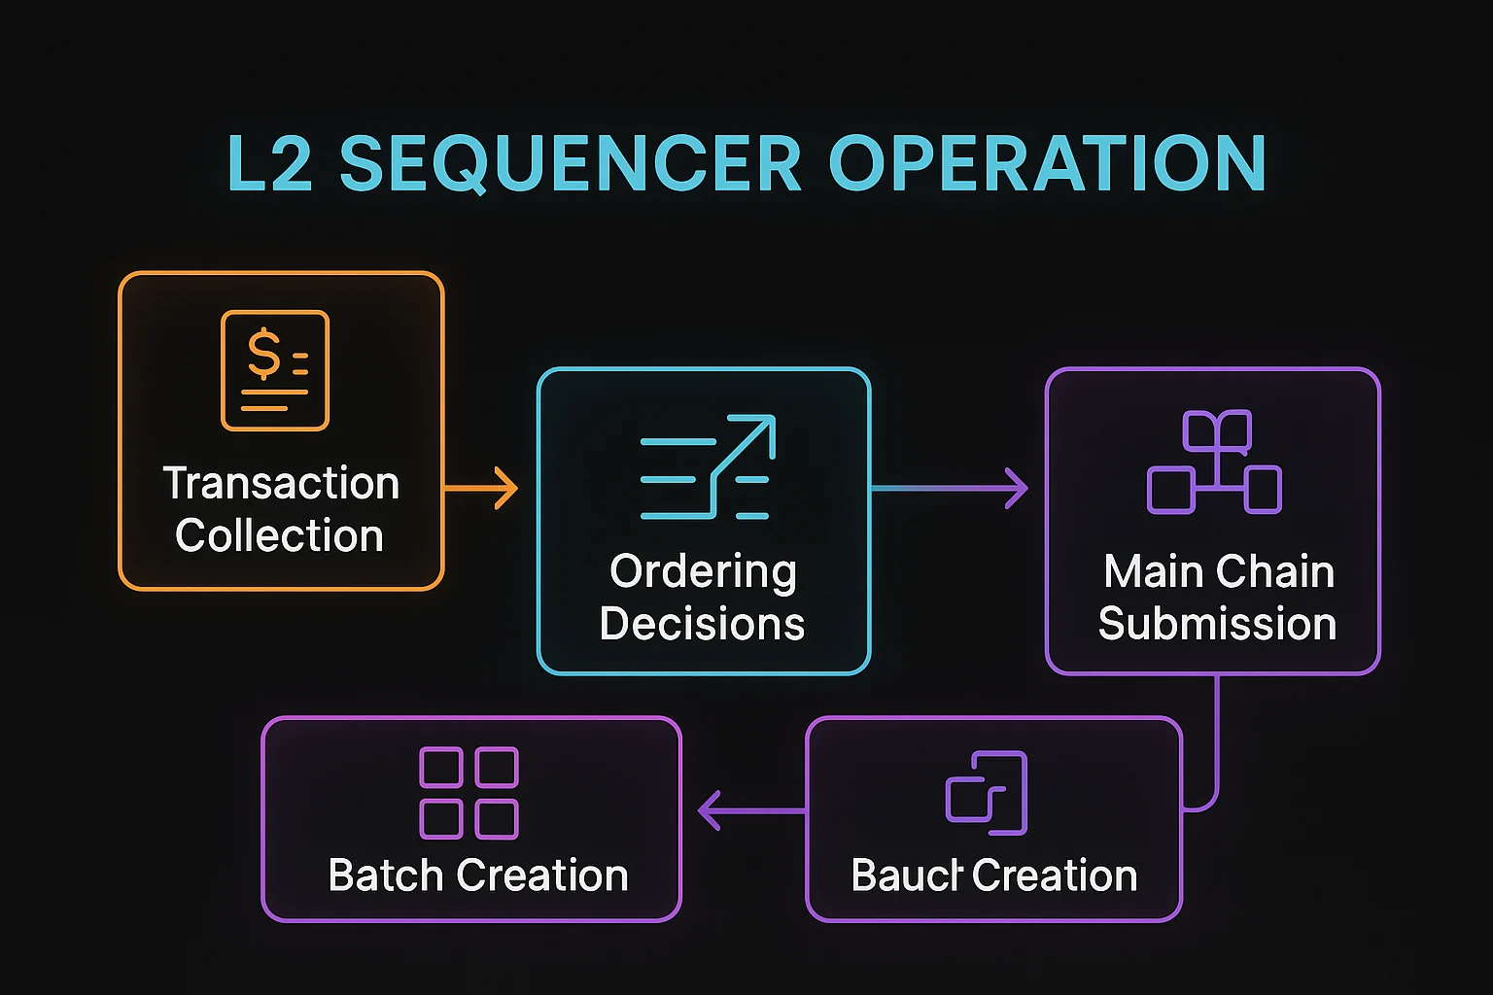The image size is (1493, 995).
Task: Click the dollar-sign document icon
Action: [x=275, y=370]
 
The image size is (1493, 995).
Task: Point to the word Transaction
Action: [x=281, y=483]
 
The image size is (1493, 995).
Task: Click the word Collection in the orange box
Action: [x=279, y=535]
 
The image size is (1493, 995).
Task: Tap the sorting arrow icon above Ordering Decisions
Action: [x=707, y=466]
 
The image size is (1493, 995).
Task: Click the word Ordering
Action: [x=703, y=571]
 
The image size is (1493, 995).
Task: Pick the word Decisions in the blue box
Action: [x=702, y=624]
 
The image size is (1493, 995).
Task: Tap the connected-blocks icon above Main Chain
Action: [x=1214, y=463]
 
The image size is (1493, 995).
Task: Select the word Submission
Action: [x=1217, y=624]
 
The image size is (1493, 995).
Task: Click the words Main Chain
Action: [x=1219, y=571]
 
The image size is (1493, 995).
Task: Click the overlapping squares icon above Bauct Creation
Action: [x=987, y=793]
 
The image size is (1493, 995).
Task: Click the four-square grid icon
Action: [x=469, y=793]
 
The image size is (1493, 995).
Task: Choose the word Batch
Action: [x=386, y=875]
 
